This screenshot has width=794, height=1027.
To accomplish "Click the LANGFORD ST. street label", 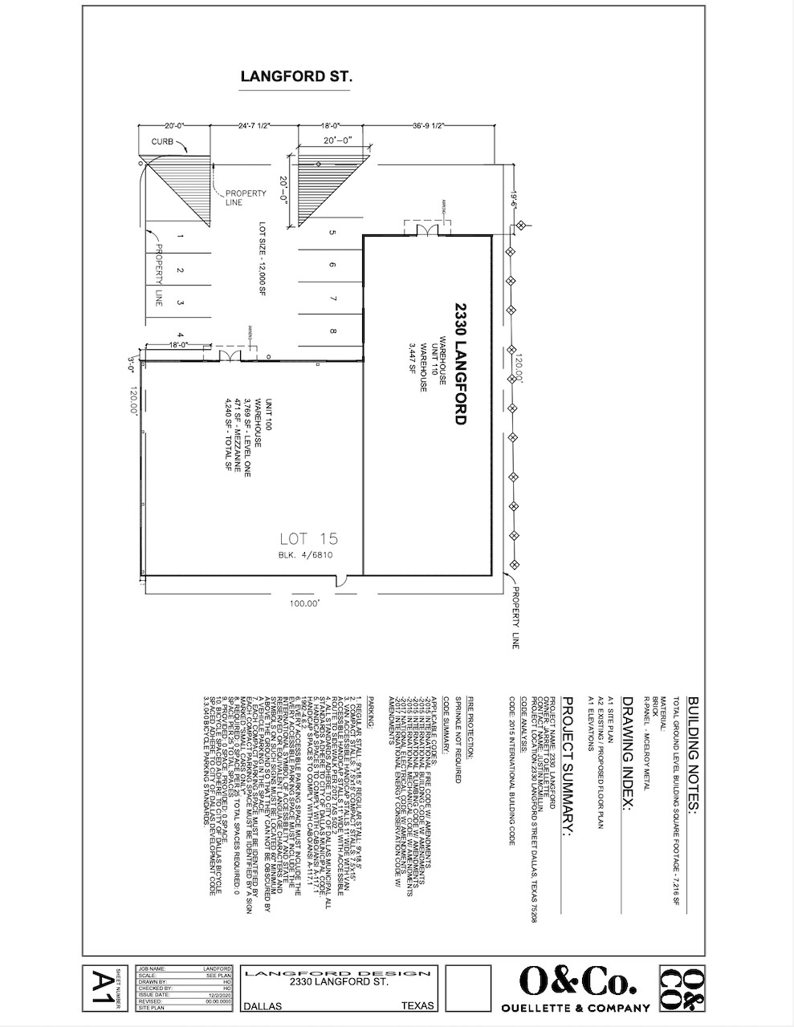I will (296, 77).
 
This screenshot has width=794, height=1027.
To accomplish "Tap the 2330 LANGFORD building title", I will (460, 363).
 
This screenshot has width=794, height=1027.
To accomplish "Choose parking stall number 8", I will (332, 331).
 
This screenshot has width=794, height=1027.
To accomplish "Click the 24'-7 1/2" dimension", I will (253, 126).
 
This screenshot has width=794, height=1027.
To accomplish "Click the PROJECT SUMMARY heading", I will (565, 766).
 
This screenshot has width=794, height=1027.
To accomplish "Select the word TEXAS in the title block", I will (417, 1005).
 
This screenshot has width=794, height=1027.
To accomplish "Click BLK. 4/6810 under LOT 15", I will (305, 554).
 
